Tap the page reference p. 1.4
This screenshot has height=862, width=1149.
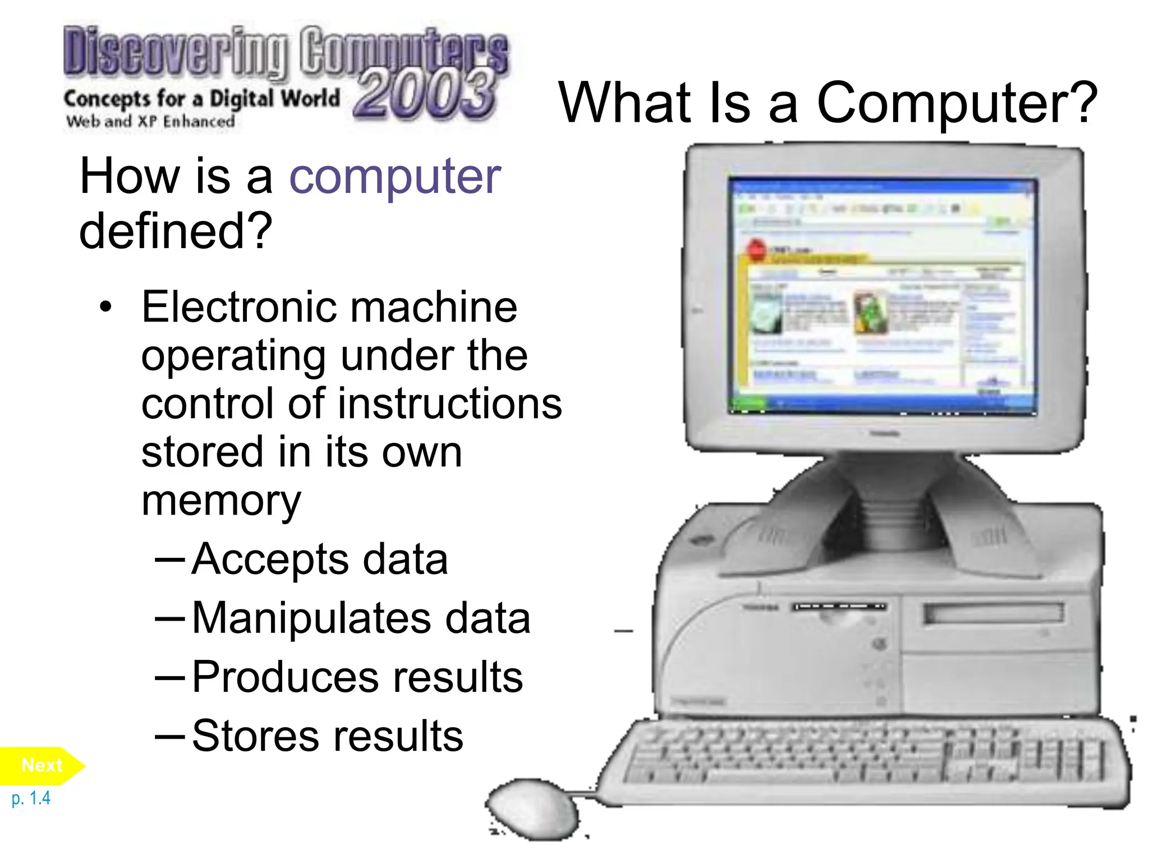(31, 798)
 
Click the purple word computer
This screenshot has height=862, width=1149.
(394, 177)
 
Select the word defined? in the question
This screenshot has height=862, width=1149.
(176, 231)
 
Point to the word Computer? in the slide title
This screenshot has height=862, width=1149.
(957, 103)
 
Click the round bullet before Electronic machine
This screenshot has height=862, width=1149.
(105, 308)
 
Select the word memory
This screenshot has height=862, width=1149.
(221, 501)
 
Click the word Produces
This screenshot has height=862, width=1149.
(284, 677)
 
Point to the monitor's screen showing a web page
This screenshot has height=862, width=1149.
(883, 296)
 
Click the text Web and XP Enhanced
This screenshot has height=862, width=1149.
(150, 121)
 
